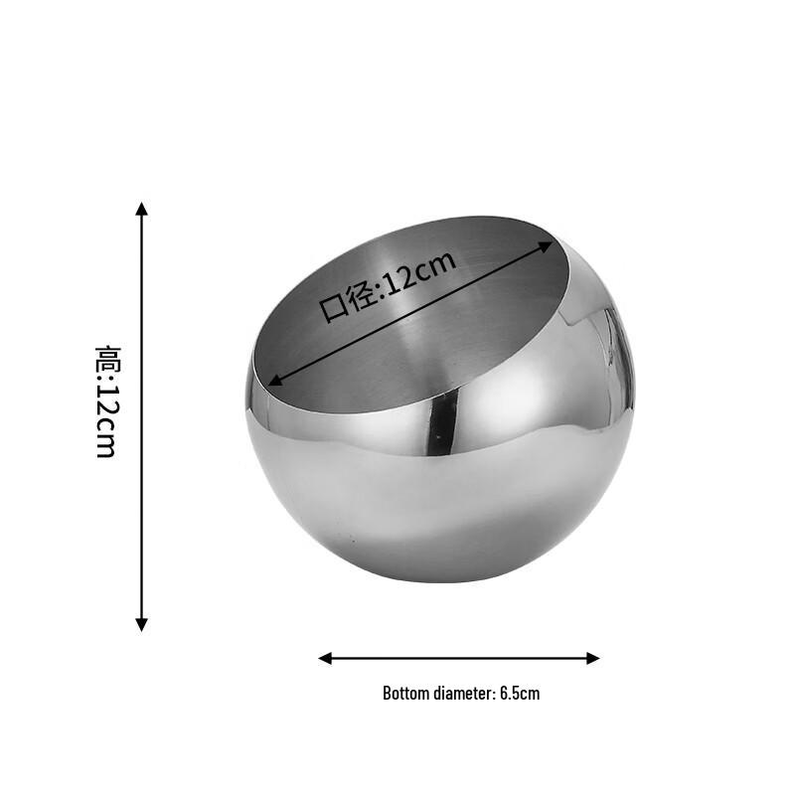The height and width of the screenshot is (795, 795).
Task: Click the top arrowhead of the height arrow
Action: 142,209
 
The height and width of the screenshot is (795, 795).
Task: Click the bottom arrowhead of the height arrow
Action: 142,624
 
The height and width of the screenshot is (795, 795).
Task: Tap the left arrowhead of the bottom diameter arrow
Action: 325,658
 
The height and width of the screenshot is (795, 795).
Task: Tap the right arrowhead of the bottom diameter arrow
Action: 593,658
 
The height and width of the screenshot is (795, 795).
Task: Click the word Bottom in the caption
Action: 405,694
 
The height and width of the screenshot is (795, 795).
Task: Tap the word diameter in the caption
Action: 463,694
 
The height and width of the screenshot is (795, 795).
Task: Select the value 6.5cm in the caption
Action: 520,694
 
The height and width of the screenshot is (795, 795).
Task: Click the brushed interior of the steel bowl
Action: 417,348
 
